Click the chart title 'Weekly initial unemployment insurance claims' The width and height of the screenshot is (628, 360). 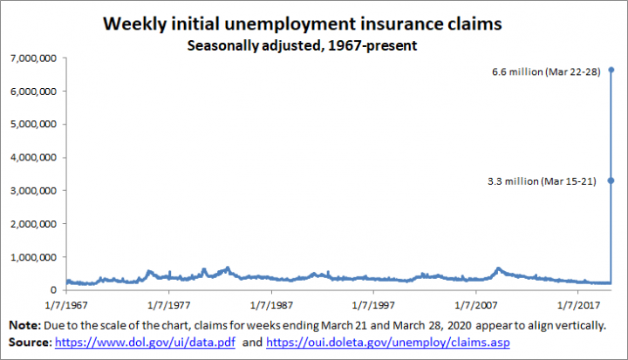pos(302,24)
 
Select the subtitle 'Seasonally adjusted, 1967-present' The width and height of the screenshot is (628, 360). pos(302,44)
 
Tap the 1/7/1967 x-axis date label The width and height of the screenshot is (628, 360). pos(65,306)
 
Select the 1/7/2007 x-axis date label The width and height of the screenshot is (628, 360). pos(475,306)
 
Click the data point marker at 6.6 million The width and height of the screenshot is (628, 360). pos(611,70)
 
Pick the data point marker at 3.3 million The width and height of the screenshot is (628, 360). pos(611,180)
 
